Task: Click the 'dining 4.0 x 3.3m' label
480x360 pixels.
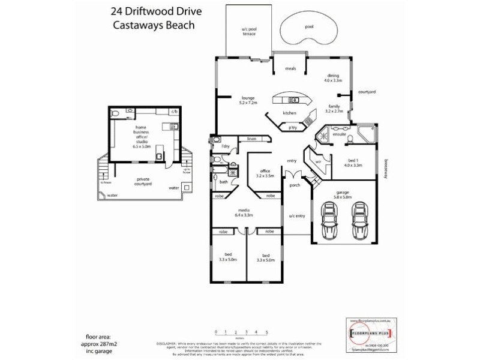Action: click(x=333, y=77)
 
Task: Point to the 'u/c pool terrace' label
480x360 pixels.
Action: click(x=249, y=31)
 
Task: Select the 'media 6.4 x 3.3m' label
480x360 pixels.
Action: click(x=244, y=212)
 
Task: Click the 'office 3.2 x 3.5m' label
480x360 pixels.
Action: click(x=265, y=174)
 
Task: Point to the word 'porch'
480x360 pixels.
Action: click(x=294, y=185)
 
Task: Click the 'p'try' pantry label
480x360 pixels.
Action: click(x=293, y=128)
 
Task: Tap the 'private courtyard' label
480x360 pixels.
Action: click(x=144, y=181)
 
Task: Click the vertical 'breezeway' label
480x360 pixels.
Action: click(x=385, y=169)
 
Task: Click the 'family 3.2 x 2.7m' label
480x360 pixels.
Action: click(x=334, y=108)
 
